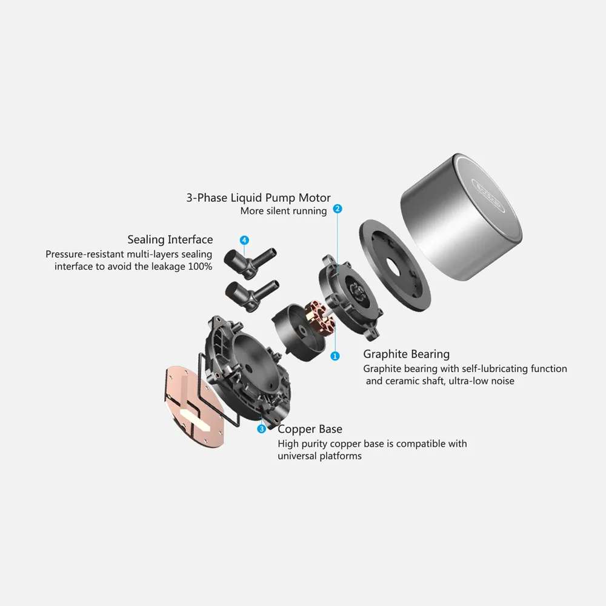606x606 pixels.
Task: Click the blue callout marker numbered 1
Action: [x=335, y=356]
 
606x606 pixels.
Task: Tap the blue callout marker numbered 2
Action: [x=338, y=208]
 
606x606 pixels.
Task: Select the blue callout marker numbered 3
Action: [x=262, y=428]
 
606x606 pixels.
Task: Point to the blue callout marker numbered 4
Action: [x=244, y=240]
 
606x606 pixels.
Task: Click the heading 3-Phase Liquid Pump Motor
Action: [x=258, y=198]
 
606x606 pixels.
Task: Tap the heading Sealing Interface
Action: [x=170, y=239]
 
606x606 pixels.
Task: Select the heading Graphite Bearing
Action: [x=406, y=354]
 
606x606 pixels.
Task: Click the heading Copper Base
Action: [x=310, y=429]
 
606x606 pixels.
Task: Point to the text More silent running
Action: [x=283, y=211]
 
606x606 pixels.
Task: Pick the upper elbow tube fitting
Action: [x=250, y=261]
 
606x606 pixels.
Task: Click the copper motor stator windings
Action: [x=319, y=314]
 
